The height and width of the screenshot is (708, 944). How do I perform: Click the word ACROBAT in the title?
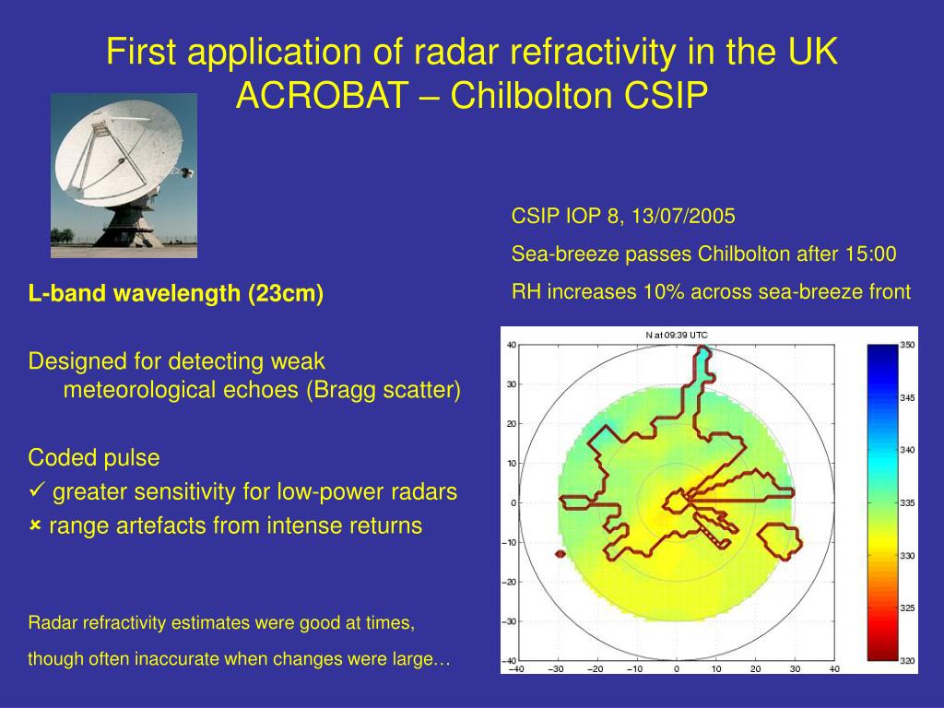point(322,95)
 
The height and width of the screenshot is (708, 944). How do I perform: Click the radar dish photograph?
point(124,176)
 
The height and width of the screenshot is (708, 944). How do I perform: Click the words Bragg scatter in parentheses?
point(383,390)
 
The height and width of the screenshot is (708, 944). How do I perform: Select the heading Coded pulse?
point(94,458)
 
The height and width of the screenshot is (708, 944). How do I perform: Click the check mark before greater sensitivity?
point(37,490)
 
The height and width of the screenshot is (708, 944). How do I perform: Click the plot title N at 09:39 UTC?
point(677,336)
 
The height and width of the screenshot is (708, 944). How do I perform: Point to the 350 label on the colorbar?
point(907,345)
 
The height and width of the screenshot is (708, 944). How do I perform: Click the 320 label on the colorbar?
point(907,661)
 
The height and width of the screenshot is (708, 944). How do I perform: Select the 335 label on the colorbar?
point(907,502)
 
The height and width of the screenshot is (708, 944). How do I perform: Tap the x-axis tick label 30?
point(796,669)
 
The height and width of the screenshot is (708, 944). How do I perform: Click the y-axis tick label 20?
point(512,424)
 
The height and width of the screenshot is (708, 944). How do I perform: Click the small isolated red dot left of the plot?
point(560,554)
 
